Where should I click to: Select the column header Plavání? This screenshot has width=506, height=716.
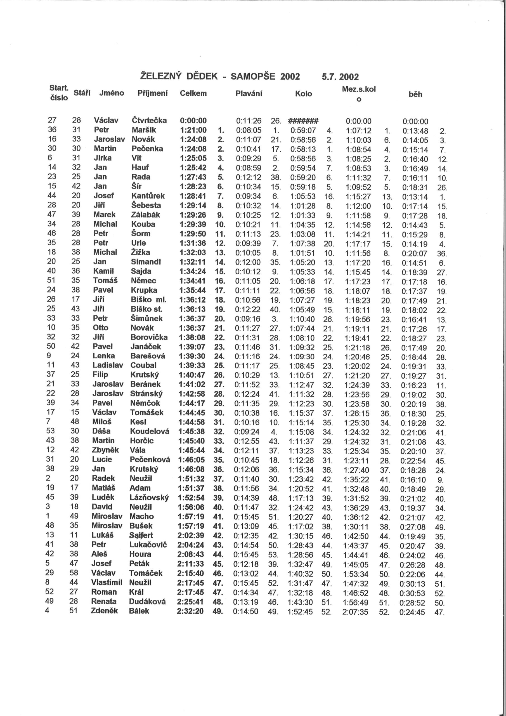(x=249, y=93)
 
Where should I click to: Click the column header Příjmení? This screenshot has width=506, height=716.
(x=152, y=93)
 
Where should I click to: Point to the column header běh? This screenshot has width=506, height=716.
(x=415, y=94)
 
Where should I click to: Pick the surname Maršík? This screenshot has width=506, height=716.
(x=144, y=130)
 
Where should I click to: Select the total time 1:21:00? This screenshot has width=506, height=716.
(x=193, y=130)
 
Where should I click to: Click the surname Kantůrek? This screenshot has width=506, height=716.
(x=148, y=196)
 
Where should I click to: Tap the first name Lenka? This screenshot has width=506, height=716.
(x=103, y=356)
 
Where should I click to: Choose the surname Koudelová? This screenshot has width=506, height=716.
(x=150, y=431)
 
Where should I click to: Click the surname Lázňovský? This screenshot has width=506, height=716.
(x=149, y=497)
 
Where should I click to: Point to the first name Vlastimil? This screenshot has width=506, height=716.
(x=107, y=582)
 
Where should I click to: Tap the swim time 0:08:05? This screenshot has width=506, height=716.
(x=249, y=130)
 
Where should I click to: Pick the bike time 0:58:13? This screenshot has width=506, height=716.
(x=303, y=149)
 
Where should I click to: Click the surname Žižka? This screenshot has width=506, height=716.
(x=140, y=252)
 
